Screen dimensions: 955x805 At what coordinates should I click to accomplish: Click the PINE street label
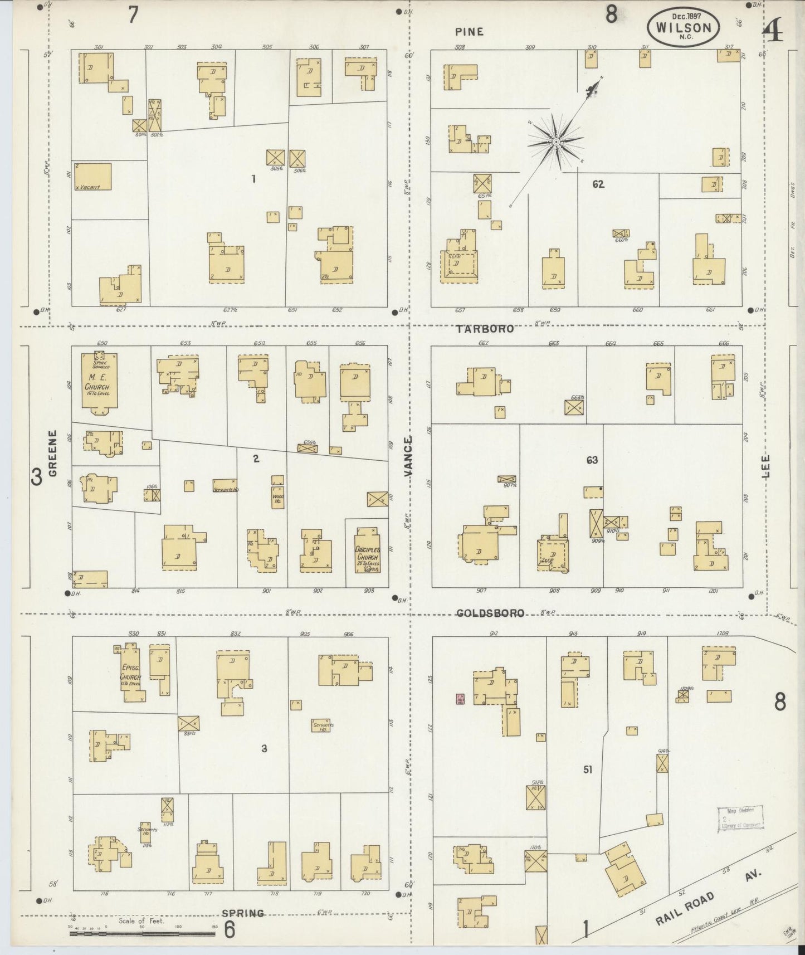[x=469, y=32]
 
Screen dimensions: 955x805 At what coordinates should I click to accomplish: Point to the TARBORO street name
[x=485, y=329]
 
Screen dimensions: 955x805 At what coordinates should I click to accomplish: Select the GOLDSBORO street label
[x=490, y=613]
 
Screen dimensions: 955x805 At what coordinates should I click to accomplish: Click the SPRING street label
[x=243, y=913]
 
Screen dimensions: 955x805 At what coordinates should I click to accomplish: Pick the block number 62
[x=598, y=184]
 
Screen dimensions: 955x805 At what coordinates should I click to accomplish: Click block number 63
[x=592, y=460]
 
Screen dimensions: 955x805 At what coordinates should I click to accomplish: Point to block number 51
[x=588, y=769]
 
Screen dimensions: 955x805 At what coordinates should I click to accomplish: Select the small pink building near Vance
[x=460, y=700]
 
